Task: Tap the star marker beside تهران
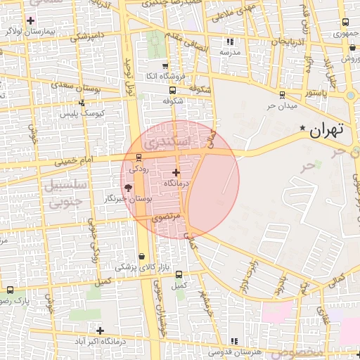click(303, 129)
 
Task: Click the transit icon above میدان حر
click(282, 95)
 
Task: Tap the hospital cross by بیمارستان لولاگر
click(30, 20)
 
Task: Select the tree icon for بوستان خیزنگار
click(128, 188)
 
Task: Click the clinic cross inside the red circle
click(176, 172)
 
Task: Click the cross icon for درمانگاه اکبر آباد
click(101, 330)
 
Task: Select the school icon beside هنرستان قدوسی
click(234, 342)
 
